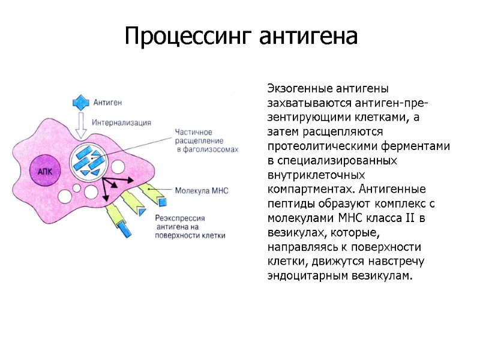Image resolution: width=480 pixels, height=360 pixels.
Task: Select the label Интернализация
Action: (121, 122)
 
